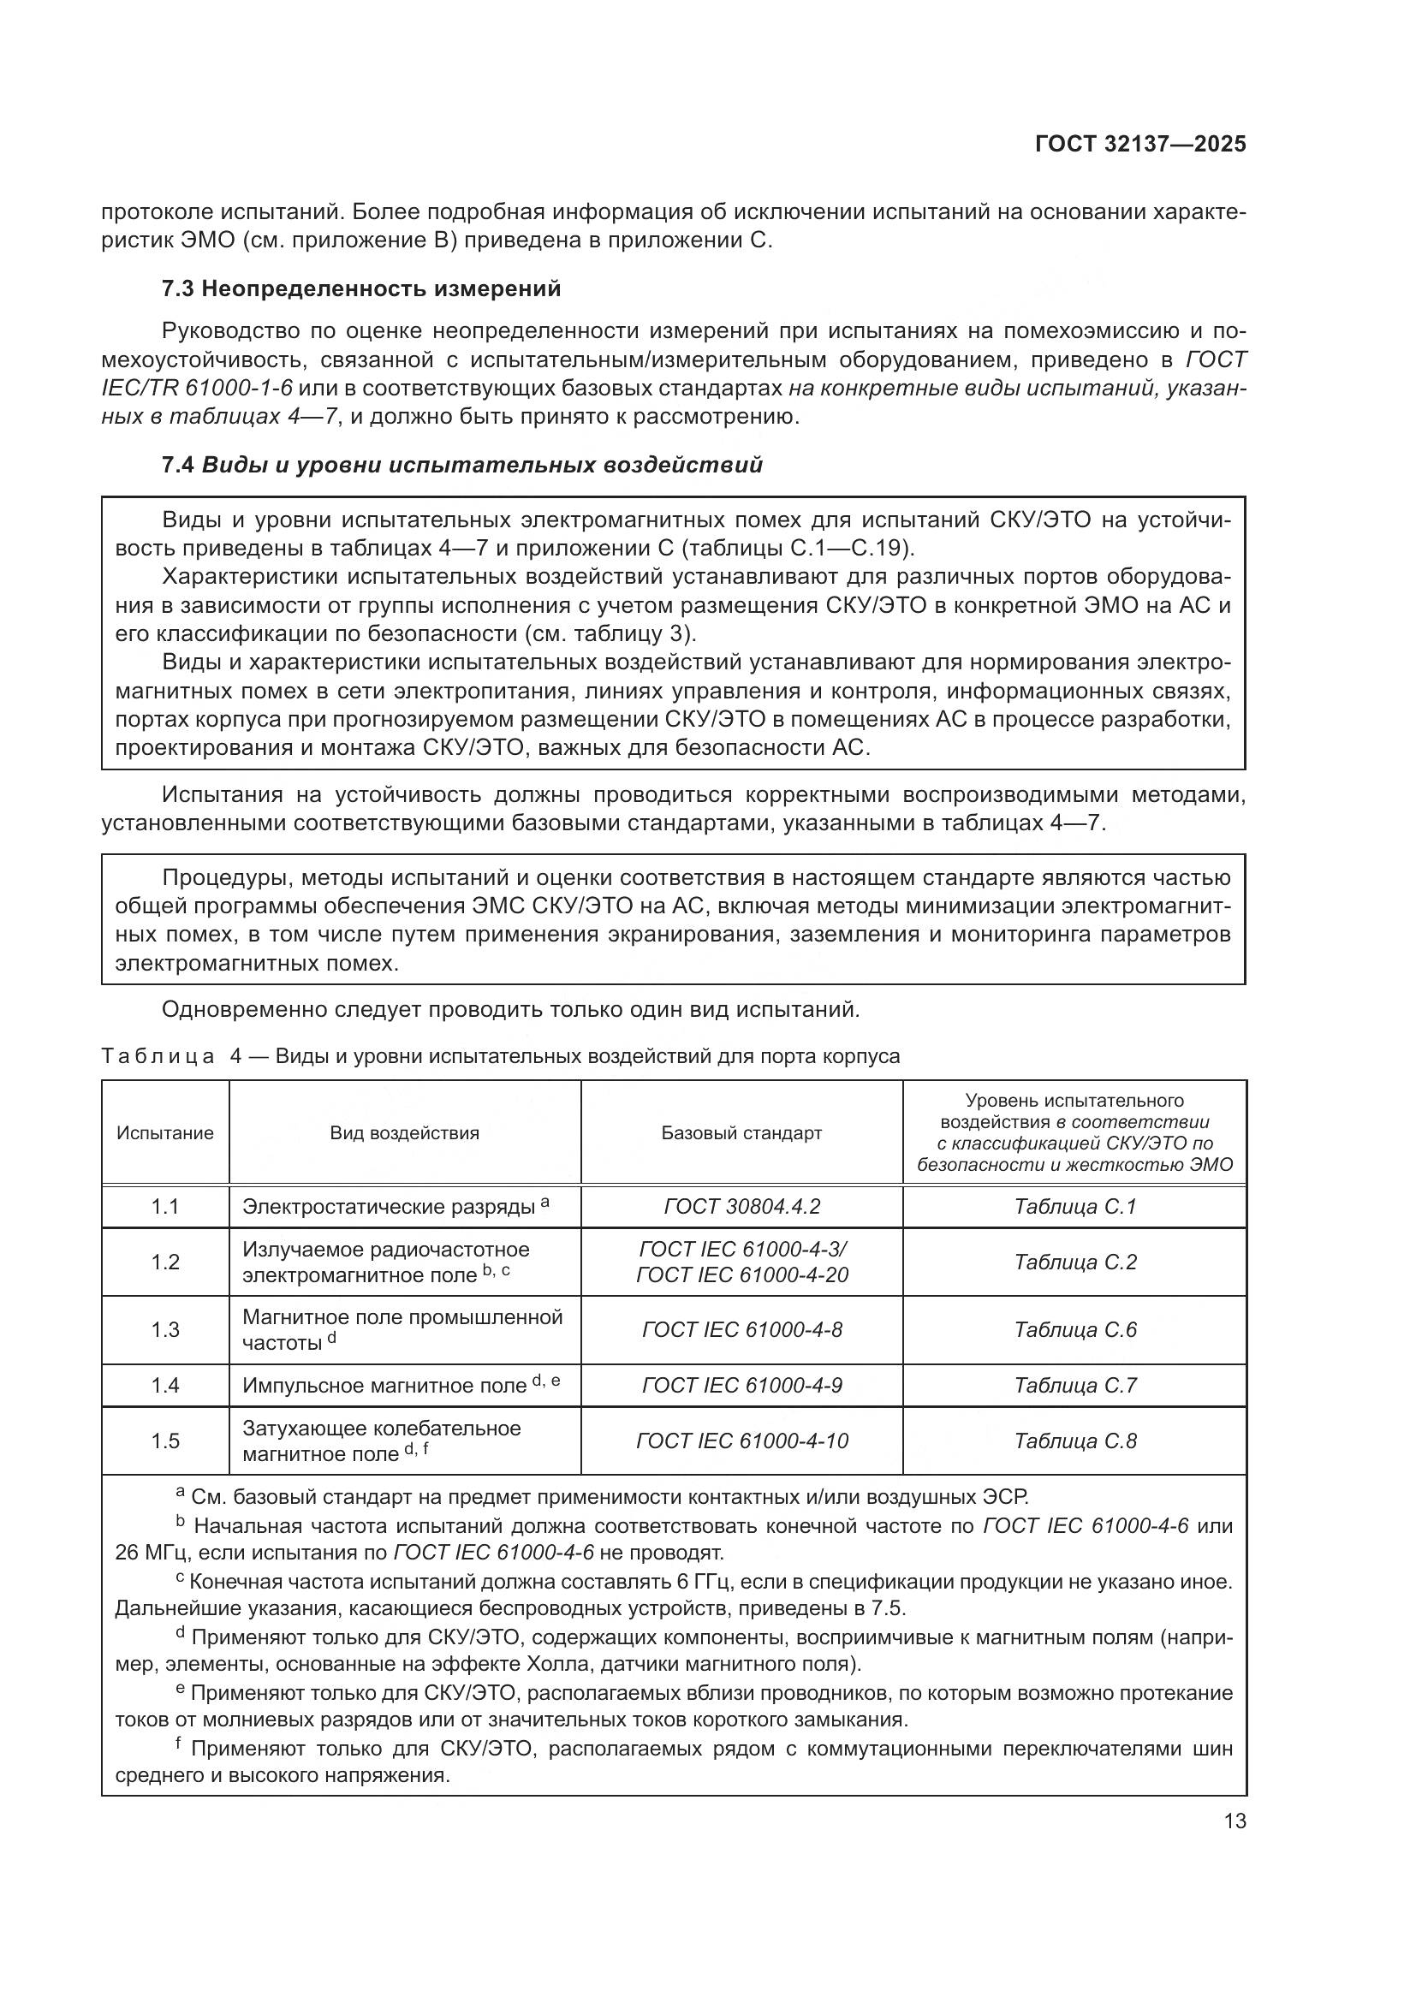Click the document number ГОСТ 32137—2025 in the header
(x=1139, y=145)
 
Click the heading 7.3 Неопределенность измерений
(x=361, y=288)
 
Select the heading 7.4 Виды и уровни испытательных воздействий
(x=462, y=465)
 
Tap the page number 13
(x=1235, y=1821)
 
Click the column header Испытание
(x=164, y=1132)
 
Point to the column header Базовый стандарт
(x=741, y=1132)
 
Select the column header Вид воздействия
(x=405, y=1132)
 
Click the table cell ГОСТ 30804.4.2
(x=741, y=1207)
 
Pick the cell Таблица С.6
(x=1074, y=1330)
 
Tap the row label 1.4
(x=164, y=1386)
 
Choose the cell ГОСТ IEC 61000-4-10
(x=741, y=1441)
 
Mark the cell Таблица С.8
(x=1074, y=1441)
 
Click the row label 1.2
(x=164, y=1262)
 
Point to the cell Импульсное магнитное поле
(x=384, y=1387)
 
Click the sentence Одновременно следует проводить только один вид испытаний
(x=511, y=1010)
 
